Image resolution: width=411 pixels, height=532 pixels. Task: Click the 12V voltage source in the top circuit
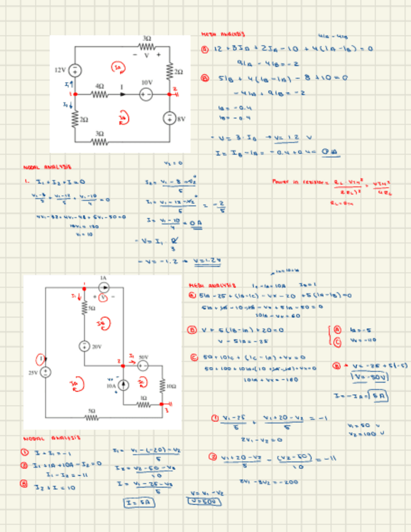pyautogui.click(x=74, y=70)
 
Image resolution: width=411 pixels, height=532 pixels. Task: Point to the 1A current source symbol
pyautogui.click(x=104, y=287)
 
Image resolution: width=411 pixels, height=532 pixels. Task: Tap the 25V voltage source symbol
pyautogui.click(x=46, y=372)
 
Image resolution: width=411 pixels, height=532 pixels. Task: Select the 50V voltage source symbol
pyautogui.click(x=143, y=365)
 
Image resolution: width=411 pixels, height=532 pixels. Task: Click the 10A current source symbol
pyautogui.click(x=123, y=384)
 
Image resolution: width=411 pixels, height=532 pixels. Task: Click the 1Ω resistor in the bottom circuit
pyautogui.click(x=143, y=405)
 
